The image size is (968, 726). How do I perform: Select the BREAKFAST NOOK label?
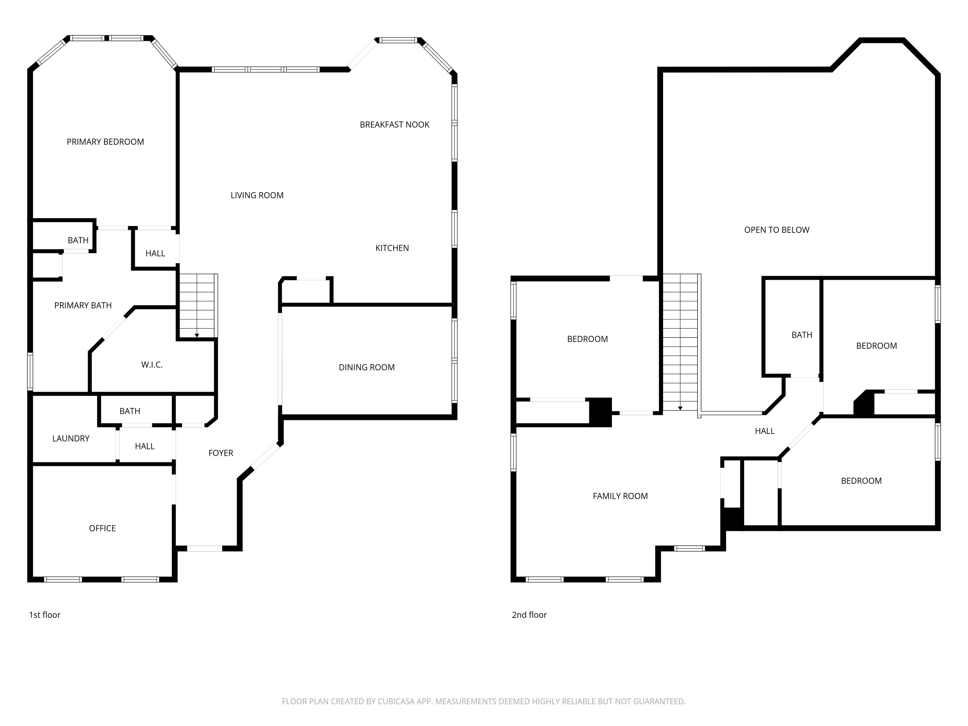click(394, 125)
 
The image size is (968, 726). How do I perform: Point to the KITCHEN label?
click(392, 248)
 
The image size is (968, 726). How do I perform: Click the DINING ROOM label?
click(367, 367)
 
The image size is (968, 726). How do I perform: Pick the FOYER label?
click(221, 453)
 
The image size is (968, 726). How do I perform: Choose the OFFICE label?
click(102, 528)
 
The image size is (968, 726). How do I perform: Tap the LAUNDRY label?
click(71, 439)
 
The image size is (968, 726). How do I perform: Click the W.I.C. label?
click(152, 364)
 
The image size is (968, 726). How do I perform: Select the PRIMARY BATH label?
click(83, 305)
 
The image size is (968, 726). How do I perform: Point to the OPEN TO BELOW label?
click(777, 230)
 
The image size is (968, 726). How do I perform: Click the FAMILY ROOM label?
click(620, 496)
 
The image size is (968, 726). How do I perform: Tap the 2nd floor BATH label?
click(802, 335)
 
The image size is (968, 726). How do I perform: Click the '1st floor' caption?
click(45, 615)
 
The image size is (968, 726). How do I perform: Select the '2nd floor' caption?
click(529, 615)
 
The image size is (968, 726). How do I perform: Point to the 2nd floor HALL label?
click(765, 431)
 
